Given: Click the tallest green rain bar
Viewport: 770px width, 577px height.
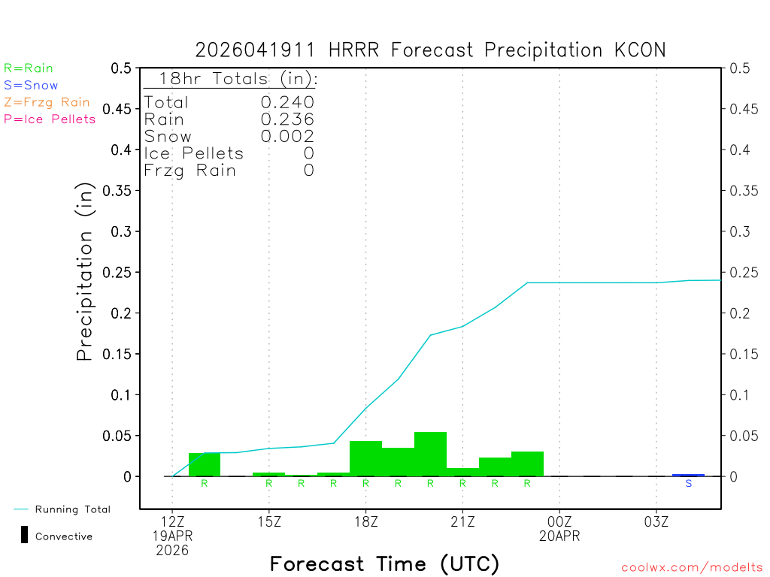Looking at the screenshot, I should [x=430, y=454].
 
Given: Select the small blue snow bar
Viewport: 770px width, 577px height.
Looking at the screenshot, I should [x=688, y=475].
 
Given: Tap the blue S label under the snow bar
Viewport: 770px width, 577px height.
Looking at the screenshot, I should [x=688, y=484].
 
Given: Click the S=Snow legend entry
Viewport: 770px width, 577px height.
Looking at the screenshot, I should [x=31, y=86].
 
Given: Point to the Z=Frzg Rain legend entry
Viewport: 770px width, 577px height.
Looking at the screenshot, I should [x=47, y=102].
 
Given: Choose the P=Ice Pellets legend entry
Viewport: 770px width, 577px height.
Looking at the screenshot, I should [x=50, y=119].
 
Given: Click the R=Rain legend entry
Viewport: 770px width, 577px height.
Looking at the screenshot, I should [x=29, y=68].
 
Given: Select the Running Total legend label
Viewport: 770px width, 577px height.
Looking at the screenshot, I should [x=72, y=509].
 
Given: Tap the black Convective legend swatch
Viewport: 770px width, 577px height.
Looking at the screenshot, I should [x=24, y=535].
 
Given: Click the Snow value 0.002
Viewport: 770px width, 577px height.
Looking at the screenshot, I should [x=287, y=137].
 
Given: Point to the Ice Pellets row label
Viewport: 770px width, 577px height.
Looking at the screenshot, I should [x=193, y=154].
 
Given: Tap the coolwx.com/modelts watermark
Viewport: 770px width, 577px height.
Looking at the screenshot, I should [x=692, y=568].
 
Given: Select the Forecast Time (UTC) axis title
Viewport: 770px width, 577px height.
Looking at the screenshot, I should [x=384, y=563].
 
